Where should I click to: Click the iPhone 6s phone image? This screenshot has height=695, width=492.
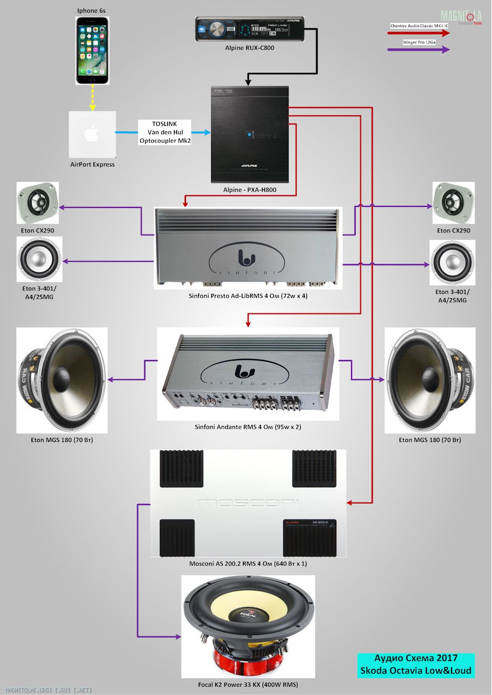pos(92,50)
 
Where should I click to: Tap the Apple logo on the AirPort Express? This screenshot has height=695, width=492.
pos(92,134)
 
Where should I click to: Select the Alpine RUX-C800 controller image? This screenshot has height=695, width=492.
pos(250,29)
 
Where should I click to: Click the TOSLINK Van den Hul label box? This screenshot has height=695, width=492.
pos(165,132)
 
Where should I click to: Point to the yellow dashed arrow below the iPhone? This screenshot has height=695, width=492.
pos(92,97)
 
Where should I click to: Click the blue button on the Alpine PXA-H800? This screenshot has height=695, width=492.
pos(249,135)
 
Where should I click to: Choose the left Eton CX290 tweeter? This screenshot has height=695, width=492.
pos(37,203)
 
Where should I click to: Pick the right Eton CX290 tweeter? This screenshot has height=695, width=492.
pos(454,203)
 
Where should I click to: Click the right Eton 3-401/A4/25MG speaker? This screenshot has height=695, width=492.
pos(453,262)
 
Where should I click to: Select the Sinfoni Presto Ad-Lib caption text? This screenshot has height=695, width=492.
pos(248,296)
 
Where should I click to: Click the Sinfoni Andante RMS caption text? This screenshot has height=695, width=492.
pos(248,427)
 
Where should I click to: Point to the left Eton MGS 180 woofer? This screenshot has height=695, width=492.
pos(62,380)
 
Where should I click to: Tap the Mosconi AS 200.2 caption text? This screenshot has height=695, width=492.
pos(248,564)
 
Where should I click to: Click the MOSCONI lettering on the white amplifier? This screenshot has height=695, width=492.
pos(248,503)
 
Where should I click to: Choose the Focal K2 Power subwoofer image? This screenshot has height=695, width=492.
pos(248,626)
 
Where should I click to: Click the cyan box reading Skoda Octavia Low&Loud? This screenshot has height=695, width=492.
pos(416,665)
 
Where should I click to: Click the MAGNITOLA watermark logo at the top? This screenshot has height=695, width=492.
pos(461,17)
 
